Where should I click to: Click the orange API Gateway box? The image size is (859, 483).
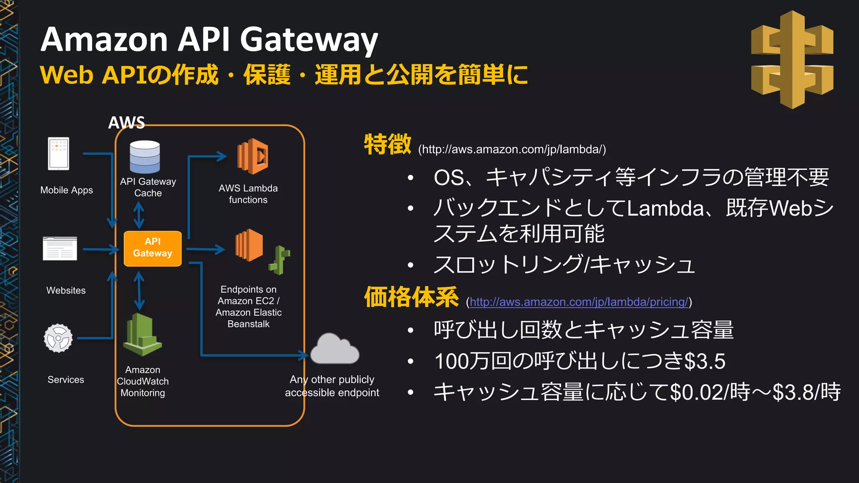(153, 248)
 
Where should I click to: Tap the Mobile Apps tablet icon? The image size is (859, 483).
(59, 154)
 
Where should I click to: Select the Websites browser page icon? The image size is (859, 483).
(60, 249)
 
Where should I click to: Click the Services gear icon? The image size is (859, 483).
(58, 338)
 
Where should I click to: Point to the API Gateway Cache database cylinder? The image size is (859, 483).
(145, 157)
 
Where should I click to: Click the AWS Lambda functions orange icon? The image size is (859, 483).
(253, 156)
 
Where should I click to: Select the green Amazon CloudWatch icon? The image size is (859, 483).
(142, 335)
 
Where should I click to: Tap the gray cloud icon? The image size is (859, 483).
(335, 349)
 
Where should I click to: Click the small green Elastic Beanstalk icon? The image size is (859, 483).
(280, 260)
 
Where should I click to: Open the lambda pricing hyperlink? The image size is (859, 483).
(579, 302)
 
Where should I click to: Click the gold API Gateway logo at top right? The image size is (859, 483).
(792, 60)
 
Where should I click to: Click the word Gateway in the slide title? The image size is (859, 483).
(309, 40)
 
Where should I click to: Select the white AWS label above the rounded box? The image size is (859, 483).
(126, 122)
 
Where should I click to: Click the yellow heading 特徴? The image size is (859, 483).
(388, 145)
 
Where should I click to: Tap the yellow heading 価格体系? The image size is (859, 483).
(411, 297)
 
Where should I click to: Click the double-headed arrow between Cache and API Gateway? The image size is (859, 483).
(139, 216)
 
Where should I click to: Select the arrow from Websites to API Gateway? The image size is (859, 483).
(101, 249)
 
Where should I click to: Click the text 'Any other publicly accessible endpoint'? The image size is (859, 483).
(332, 386)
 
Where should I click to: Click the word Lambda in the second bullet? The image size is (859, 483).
(665, 208)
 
